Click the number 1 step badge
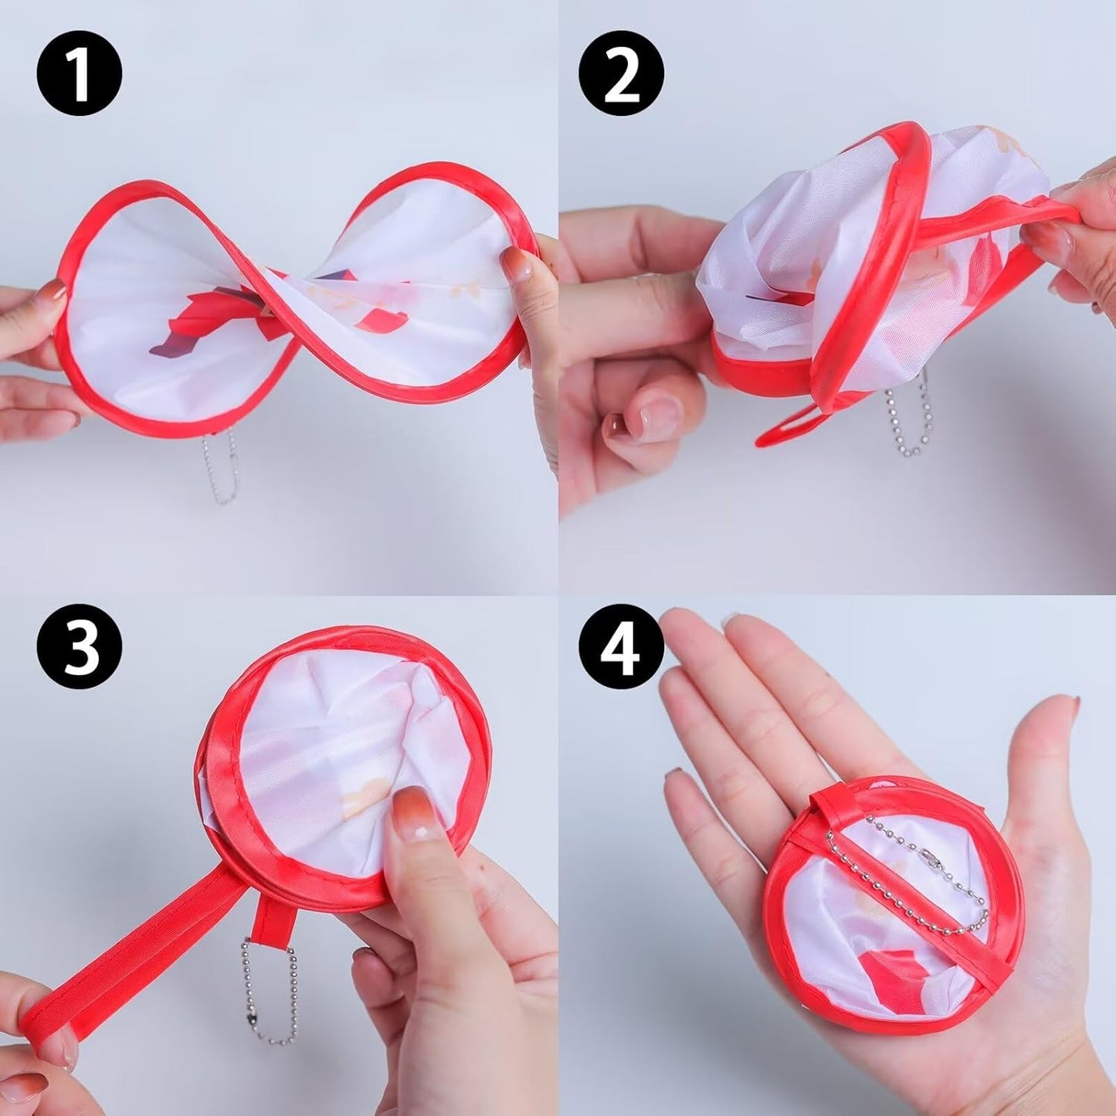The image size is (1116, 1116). coord(79,74)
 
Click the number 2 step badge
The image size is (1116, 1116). coord(622,74)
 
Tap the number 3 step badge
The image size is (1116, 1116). coord(79,646)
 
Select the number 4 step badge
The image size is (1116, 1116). coord(622,646)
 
